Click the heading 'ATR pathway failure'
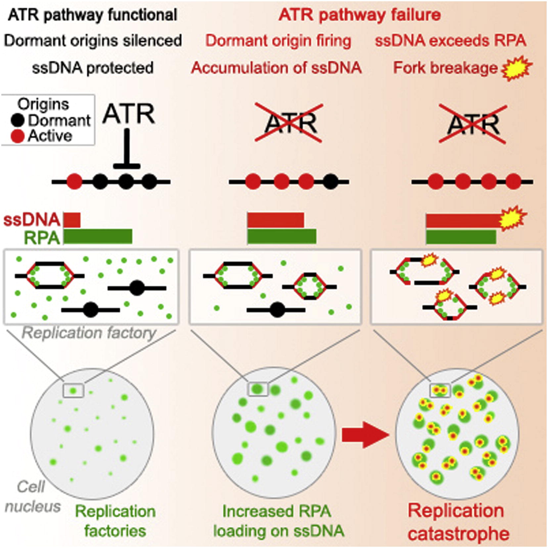coord(359,15)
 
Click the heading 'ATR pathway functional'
coord(93,15)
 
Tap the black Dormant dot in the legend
coord(18,120)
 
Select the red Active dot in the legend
coord(18,136)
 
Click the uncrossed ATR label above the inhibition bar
coord(128,114)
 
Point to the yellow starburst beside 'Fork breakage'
coord(517,68)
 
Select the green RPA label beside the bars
coord(42,238)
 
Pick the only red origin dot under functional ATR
coord(74,182)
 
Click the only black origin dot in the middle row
coord(330,182)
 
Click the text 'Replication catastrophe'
coord(457,522)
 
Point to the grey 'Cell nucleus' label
coord(32,496)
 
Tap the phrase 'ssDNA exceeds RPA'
coord(450,41)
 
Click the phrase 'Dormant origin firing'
coord(278,41)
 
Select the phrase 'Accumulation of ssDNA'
coord(276,68)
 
